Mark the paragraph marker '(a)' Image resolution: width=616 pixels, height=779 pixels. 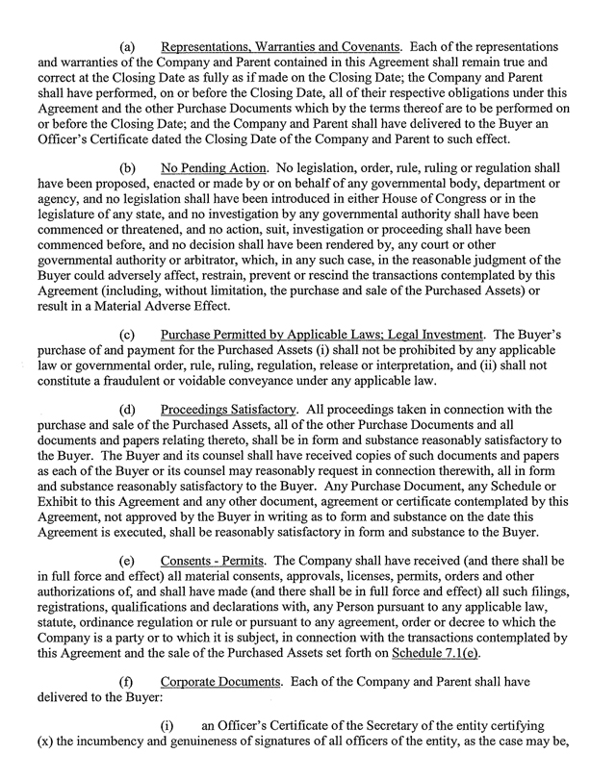(125, 47)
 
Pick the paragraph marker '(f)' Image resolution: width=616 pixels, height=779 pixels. (124, 707)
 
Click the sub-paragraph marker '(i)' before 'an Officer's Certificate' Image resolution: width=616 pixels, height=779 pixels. (177, 750)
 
